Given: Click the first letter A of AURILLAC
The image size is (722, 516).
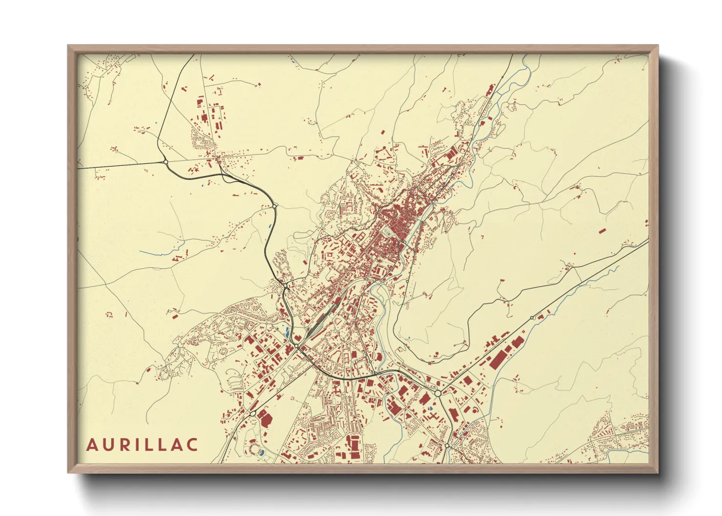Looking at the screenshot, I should pyautogui.click(x=92, y=445).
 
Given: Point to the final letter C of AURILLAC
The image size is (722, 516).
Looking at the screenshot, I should pyautogui.click(x=192, y=445).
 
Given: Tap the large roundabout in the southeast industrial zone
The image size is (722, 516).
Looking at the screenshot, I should pyautogui.click(x=438, y=393).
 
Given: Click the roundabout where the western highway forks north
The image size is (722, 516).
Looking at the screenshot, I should pyautogui.click(x=165, y=161).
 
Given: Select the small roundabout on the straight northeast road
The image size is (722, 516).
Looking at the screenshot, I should pyautogui.click(x=533, y=318).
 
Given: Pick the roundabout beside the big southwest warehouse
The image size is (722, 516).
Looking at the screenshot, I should pyautogui.click(x=253, y=414).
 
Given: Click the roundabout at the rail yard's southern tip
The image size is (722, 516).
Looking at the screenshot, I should pyautogui.click(x=296, y=346).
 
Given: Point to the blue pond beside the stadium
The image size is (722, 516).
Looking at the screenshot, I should pyautogui.click(x=262, y=453).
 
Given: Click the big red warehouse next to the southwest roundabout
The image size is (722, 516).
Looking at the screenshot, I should pyautogui.click(x=266, y=418).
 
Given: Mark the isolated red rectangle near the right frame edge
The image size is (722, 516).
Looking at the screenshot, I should pyautogui.click(x=602, y=230).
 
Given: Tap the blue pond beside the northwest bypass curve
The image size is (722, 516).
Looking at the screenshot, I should pyautogui.click(x=270, y=226).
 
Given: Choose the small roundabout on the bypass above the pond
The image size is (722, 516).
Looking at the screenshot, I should pyautogui.click(x=275, y=206).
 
